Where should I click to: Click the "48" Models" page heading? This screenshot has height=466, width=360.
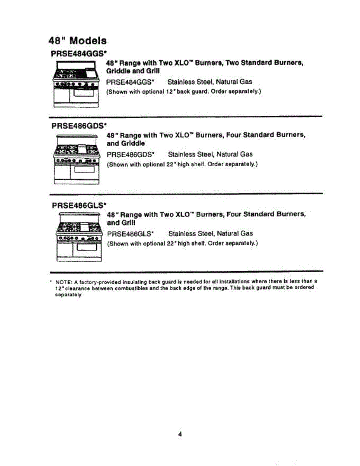78,40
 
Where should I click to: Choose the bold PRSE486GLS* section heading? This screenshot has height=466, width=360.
79,204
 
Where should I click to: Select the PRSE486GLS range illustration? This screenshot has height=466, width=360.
79,238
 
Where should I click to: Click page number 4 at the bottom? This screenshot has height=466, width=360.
180,435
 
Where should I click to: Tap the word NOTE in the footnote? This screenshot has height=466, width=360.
63,282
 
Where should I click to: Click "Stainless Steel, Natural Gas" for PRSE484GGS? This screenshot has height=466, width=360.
210,82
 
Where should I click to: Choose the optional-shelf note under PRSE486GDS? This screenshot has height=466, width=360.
183,164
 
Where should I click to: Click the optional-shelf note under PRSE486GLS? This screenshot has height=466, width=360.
183,243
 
